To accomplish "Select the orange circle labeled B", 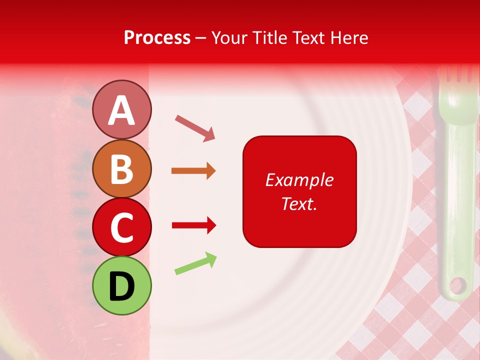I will (121, 169).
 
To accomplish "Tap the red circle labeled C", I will (121, 227).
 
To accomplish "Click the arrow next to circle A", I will (195, 127).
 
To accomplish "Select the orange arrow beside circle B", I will (193, 171).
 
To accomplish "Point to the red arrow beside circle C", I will (193, 225).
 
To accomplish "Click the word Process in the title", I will (157, 37).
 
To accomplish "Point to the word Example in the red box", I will (299, 180).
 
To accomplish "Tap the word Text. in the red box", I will (299, 203).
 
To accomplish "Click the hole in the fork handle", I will (457, 286).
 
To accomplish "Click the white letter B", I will (121, 169).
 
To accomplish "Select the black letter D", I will (121, 286).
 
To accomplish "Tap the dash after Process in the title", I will (200, 38).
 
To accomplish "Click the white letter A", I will (121, 110).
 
